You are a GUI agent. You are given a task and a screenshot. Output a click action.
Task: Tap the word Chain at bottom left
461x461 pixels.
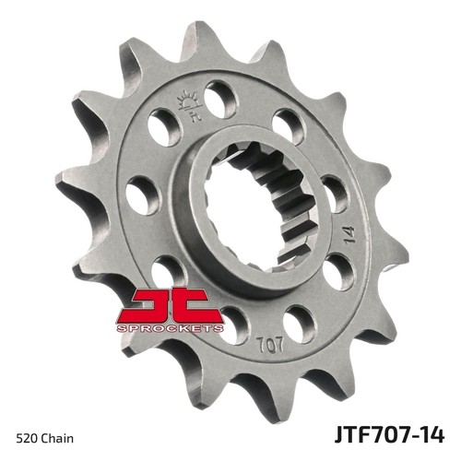click(x=57, y=438)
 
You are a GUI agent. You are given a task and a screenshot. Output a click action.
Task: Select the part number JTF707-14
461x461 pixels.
click(x=389, y=434)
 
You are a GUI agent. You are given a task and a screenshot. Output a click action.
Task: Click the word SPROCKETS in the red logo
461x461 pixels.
click(x=170, y=328)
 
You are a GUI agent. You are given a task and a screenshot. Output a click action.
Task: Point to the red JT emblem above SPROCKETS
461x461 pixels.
click(x=170, y=305)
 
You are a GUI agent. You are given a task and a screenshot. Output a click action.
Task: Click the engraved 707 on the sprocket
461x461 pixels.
click(x=270, y=345)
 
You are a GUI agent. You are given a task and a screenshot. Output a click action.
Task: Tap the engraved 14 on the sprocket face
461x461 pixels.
click(x=349, y=235)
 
